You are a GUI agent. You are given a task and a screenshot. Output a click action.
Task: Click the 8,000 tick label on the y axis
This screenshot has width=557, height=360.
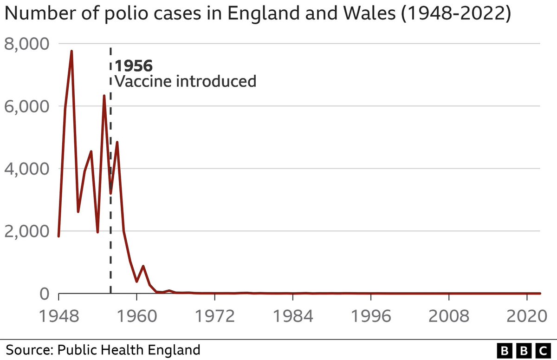pos(26,44)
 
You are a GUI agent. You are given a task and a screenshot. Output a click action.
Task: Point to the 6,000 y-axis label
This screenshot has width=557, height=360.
pos(26,106)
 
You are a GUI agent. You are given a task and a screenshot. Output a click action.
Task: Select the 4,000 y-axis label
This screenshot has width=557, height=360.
pos(26,169)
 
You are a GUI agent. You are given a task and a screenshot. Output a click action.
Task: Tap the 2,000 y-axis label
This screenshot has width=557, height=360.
pos(26,231)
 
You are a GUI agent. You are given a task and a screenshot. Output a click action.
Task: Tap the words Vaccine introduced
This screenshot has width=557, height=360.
pos(186,82)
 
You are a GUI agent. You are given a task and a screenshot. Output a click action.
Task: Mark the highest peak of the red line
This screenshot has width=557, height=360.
pos(71,51)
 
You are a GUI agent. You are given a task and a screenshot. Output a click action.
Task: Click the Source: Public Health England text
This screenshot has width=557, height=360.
pos(103,349)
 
